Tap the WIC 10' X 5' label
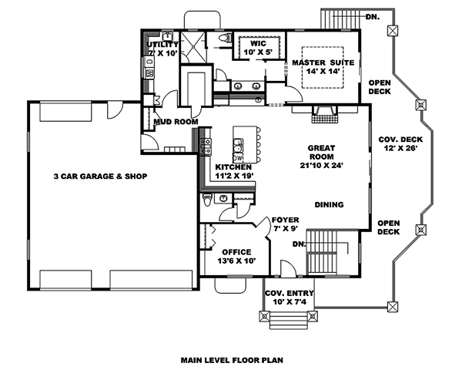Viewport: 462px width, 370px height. pyautogui.click(x=258, y=49)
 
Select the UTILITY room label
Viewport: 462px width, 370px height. pyautogui.click(x=162, y=49)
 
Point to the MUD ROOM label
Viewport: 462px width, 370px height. pyautogui.click(x=176, y=122)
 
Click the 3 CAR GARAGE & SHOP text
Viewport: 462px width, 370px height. pyautogui.click(x=100, y=177)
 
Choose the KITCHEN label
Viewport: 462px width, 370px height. pyautogui.click(x=235, y=171)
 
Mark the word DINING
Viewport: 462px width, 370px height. pyautogui.click(x=329, y=204)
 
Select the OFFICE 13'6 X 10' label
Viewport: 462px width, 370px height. pyautogui.click(x=236, y=257)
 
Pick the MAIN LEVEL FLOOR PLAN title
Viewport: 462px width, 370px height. pyautogui.click(x=231, y=359)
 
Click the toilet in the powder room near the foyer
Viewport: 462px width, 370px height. pyautogui.click(x=207, y=200)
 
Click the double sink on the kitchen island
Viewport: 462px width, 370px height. pyautogui.click(x=238, y=144)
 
